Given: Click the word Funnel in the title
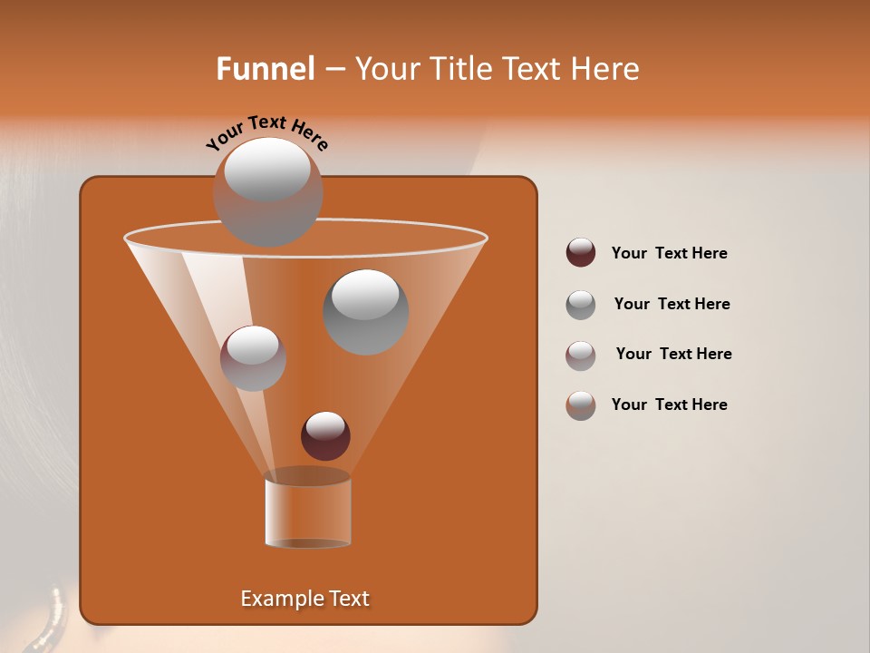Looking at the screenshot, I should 265,69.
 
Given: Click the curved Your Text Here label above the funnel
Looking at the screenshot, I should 267,132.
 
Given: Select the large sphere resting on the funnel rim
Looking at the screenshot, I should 267,192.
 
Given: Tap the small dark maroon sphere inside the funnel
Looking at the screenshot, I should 325,436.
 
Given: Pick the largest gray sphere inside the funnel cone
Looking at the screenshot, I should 365,312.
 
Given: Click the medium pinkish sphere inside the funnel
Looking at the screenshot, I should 253,358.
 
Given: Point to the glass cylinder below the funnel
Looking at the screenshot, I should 307,512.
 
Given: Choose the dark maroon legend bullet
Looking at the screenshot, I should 581,253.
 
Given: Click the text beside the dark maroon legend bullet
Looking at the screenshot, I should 669,254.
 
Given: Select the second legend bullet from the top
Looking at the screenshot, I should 581,305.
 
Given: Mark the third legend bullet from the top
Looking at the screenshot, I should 581,355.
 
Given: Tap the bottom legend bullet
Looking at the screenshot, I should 581,405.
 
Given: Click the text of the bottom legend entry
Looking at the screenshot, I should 669,404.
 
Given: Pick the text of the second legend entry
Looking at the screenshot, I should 672,305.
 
